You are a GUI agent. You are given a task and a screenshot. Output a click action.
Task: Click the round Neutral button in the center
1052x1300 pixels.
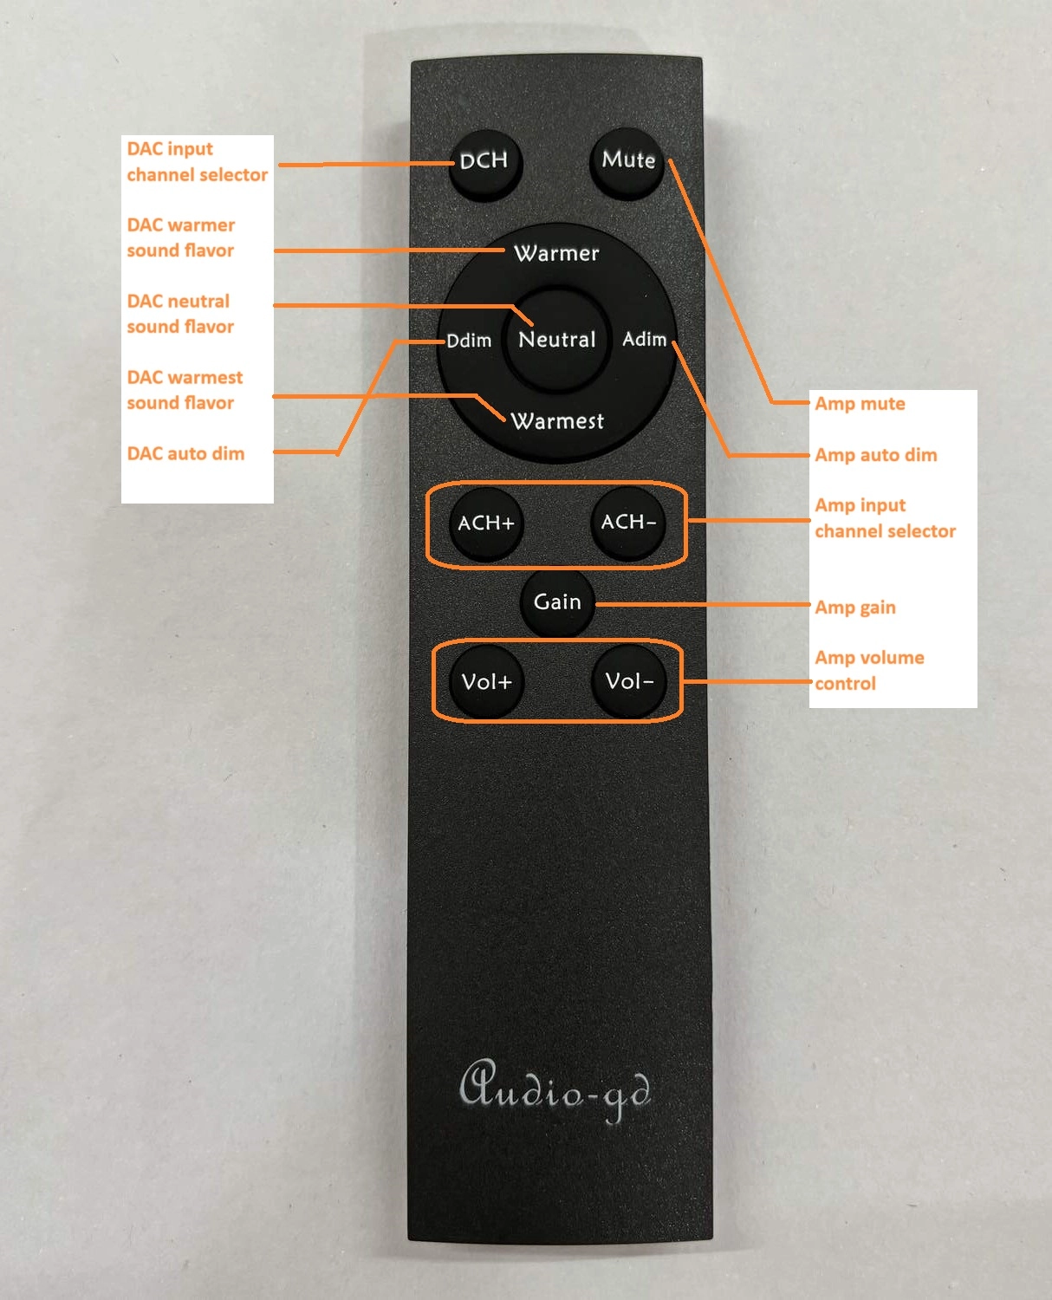(x=557, y=340)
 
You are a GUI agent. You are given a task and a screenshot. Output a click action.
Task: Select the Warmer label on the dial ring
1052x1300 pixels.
(x=556, y=253)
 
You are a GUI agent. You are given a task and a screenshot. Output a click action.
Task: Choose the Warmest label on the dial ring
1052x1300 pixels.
(x=557, y=421)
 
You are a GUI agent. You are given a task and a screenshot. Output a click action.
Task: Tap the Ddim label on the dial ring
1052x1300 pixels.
(x=469, y=341)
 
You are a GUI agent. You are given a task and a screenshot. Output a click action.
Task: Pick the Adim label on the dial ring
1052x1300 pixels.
(x=645, y=339)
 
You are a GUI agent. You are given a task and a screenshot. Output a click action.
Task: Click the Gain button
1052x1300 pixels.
(x=557, y=602)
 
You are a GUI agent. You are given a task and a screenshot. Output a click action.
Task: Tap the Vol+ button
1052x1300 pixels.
(x=486, y=681)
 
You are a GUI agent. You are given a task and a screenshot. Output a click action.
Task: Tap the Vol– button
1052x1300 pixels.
(x=629, y=680)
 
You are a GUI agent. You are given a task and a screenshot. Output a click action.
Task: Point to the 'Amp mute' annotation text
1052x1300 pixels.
(x=860, y=403)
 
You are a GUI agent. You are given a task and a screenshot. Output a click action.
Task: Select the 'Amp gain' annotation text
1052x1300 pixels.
(x=855, y=608)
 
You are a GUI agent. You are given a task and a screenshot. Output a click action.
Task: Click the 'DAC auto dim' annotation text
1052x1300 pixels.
(x=185, y=453)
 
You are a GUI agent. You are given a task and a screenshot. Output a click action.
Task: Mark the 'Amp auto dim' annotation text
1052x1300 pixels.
(x=875, y=455)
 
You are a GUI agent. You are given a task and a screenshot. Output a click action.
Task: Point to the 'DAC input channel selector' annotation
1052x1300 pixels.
(x=197, y=162)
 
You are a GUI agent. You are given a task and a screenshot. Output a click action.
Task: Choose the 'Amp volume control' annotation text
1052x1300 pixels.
(x=869, y=670)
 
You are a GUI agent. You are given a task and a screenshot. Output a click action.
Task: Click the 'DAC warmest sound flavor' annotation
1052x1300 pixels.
(x=185, y=390)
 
